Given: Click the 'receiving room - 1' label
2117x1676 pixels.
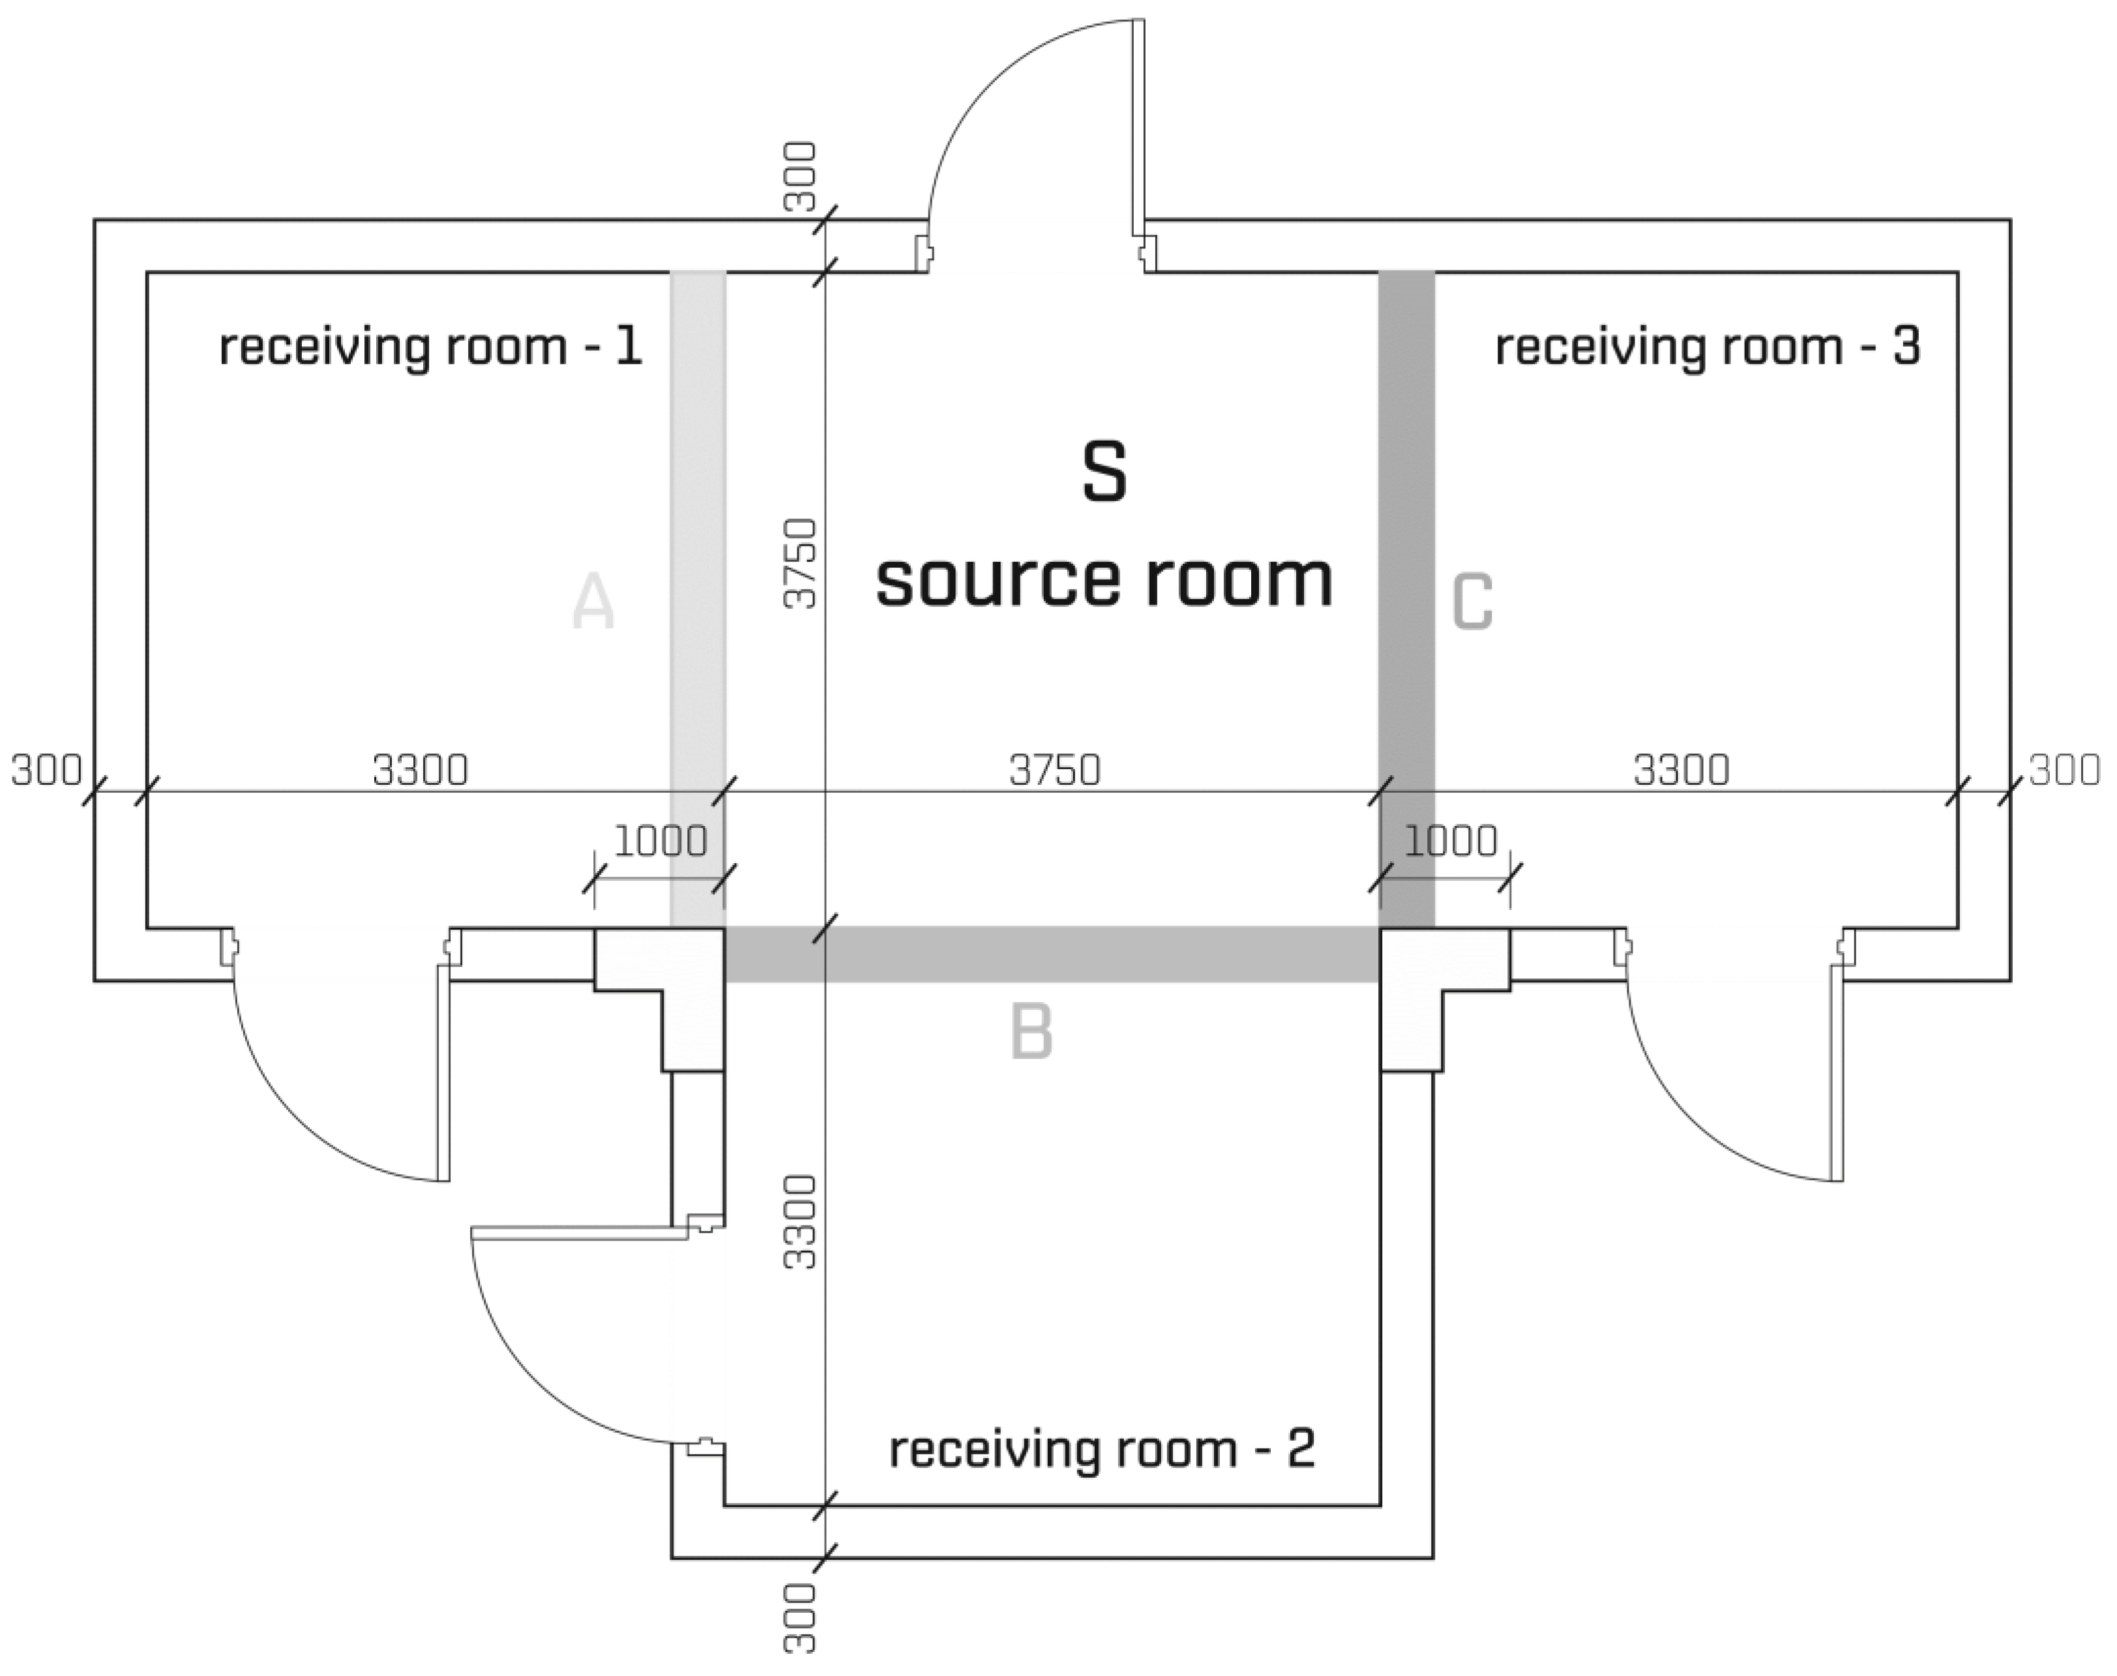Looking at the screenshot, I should [430, 347].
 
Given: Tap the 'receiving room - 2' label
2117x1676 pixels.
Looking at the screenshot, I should [1101, 1449].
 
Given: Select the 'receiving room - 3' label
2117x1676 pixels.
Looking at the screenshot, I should [1707, 347].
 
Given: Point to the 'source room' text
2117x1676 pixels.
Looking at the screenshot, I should [1104, 580].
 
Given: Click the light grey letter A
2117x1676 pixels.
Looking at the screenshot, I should [593, 602].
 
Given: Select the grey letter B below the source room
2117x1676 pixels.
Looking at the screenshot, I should [1031, 1033].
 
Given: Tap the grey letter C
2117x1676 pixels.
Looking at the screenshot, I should [1472, 602].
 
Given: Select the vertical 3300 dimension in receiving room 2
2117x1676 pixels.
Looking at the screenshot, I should [801, 1222].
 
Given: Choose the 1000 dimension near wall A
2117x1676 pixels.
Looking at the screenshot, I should [660, 841].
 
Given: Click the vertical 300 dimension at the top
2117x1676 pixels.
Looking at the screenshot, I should [801, 177].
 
